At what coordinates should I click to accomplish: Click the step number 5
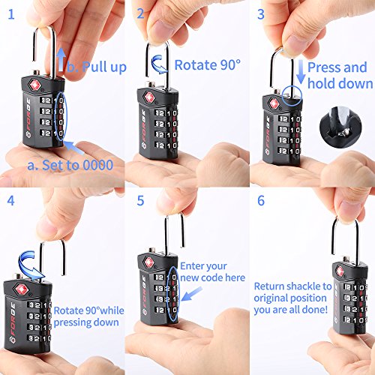(140, 201)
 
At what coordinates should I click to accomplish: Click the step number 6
(262, 201)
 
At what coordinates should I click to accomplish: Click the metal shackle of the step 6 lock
(341, 238)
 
